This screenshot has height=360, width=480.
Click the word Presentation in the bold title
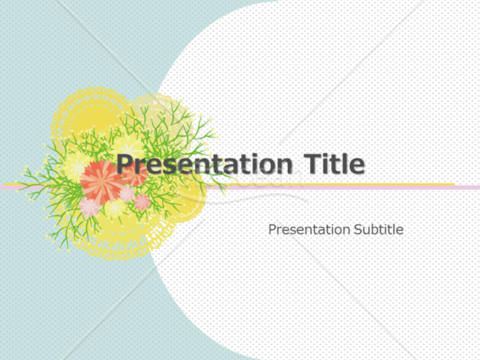pos(205,165)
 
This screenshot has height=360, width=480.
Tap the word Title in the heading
pos(335,163)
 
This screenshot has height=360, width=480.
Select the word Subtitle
pos(379,229)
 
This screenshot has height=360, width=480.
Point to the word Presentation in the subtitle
pos(309,230)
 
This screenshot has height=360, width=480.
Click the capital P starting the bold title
pos(126,163)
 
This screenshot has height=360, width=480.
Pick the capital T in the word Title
pos(312,163)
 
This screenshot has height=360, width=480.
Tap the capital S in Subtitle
pos(358,229)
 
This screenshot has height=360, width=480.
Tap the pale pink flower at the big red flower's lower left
pos(89,207)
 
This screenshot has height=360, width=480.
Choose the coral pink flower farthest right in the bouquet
pos(143,202)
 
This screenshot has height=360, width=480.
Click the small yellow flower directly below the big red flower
pos(115,208)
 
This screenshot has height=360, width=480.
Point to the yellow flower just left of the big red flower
pos(76,166)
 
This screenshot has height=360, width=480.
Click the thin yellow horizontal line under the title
pos(230,184)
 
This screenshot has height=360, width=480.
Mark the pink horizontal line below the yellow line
pos(240,188)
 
